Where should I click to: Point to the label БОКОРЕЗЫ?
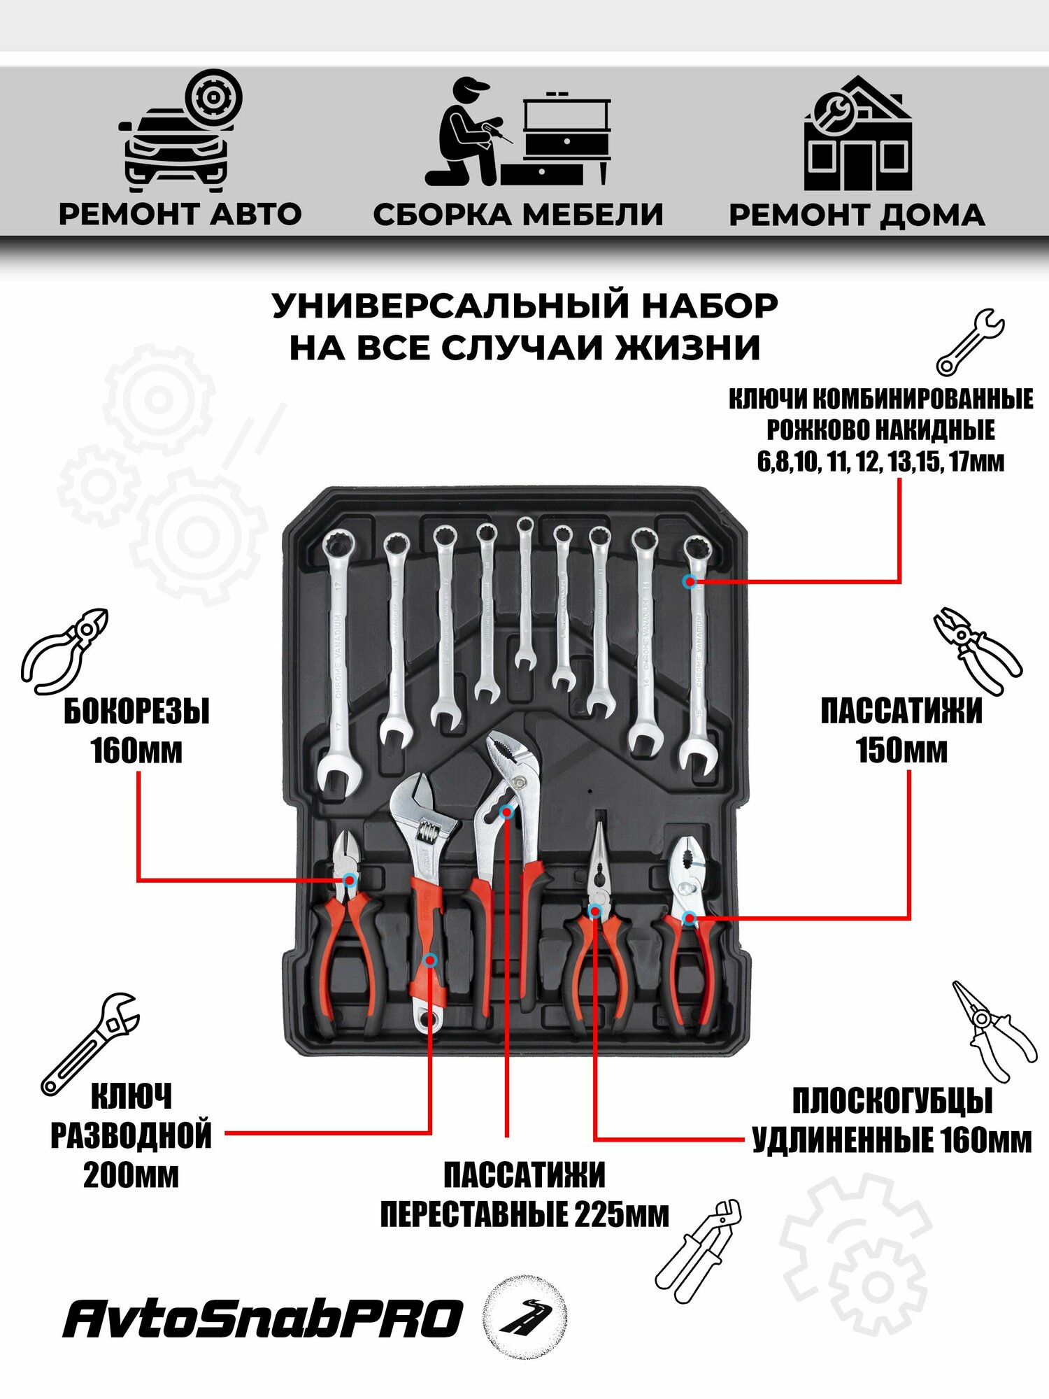(136, 712)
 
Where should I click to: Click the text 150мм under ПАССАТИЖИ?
(901, 750)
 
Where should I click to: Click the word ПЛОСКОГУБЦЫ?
(892, 1102)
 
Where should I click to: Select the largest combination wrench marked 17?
(338, 658)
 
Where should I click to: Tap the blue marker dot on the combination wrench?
(690, 581)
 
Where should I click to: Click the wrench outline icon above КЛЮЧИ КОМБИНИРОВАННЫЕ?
(970, 343)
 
